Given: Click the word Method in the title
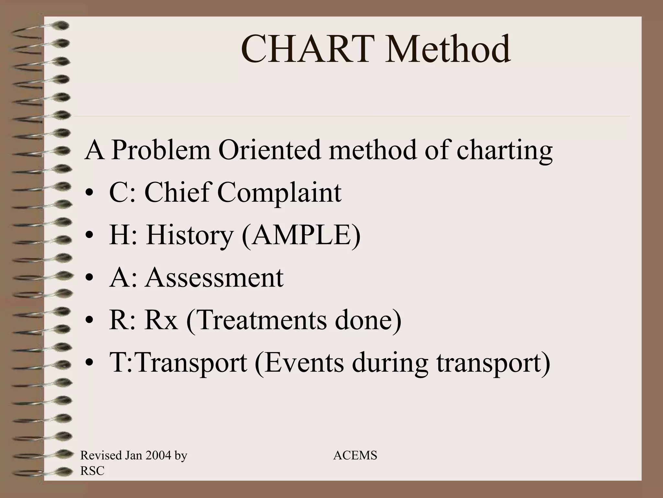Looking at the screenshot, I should coord(448,49).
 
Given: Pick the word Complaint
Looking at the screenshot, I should coord(279,193).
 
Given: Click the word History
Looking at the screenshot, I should coord(189,235).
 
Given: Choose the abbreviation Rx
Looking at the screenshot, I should coord(161,320).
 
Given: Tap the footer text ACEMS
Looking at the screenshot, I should coord(355,456).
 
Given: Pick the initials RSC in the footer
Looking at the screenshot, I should coord(92,471).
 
